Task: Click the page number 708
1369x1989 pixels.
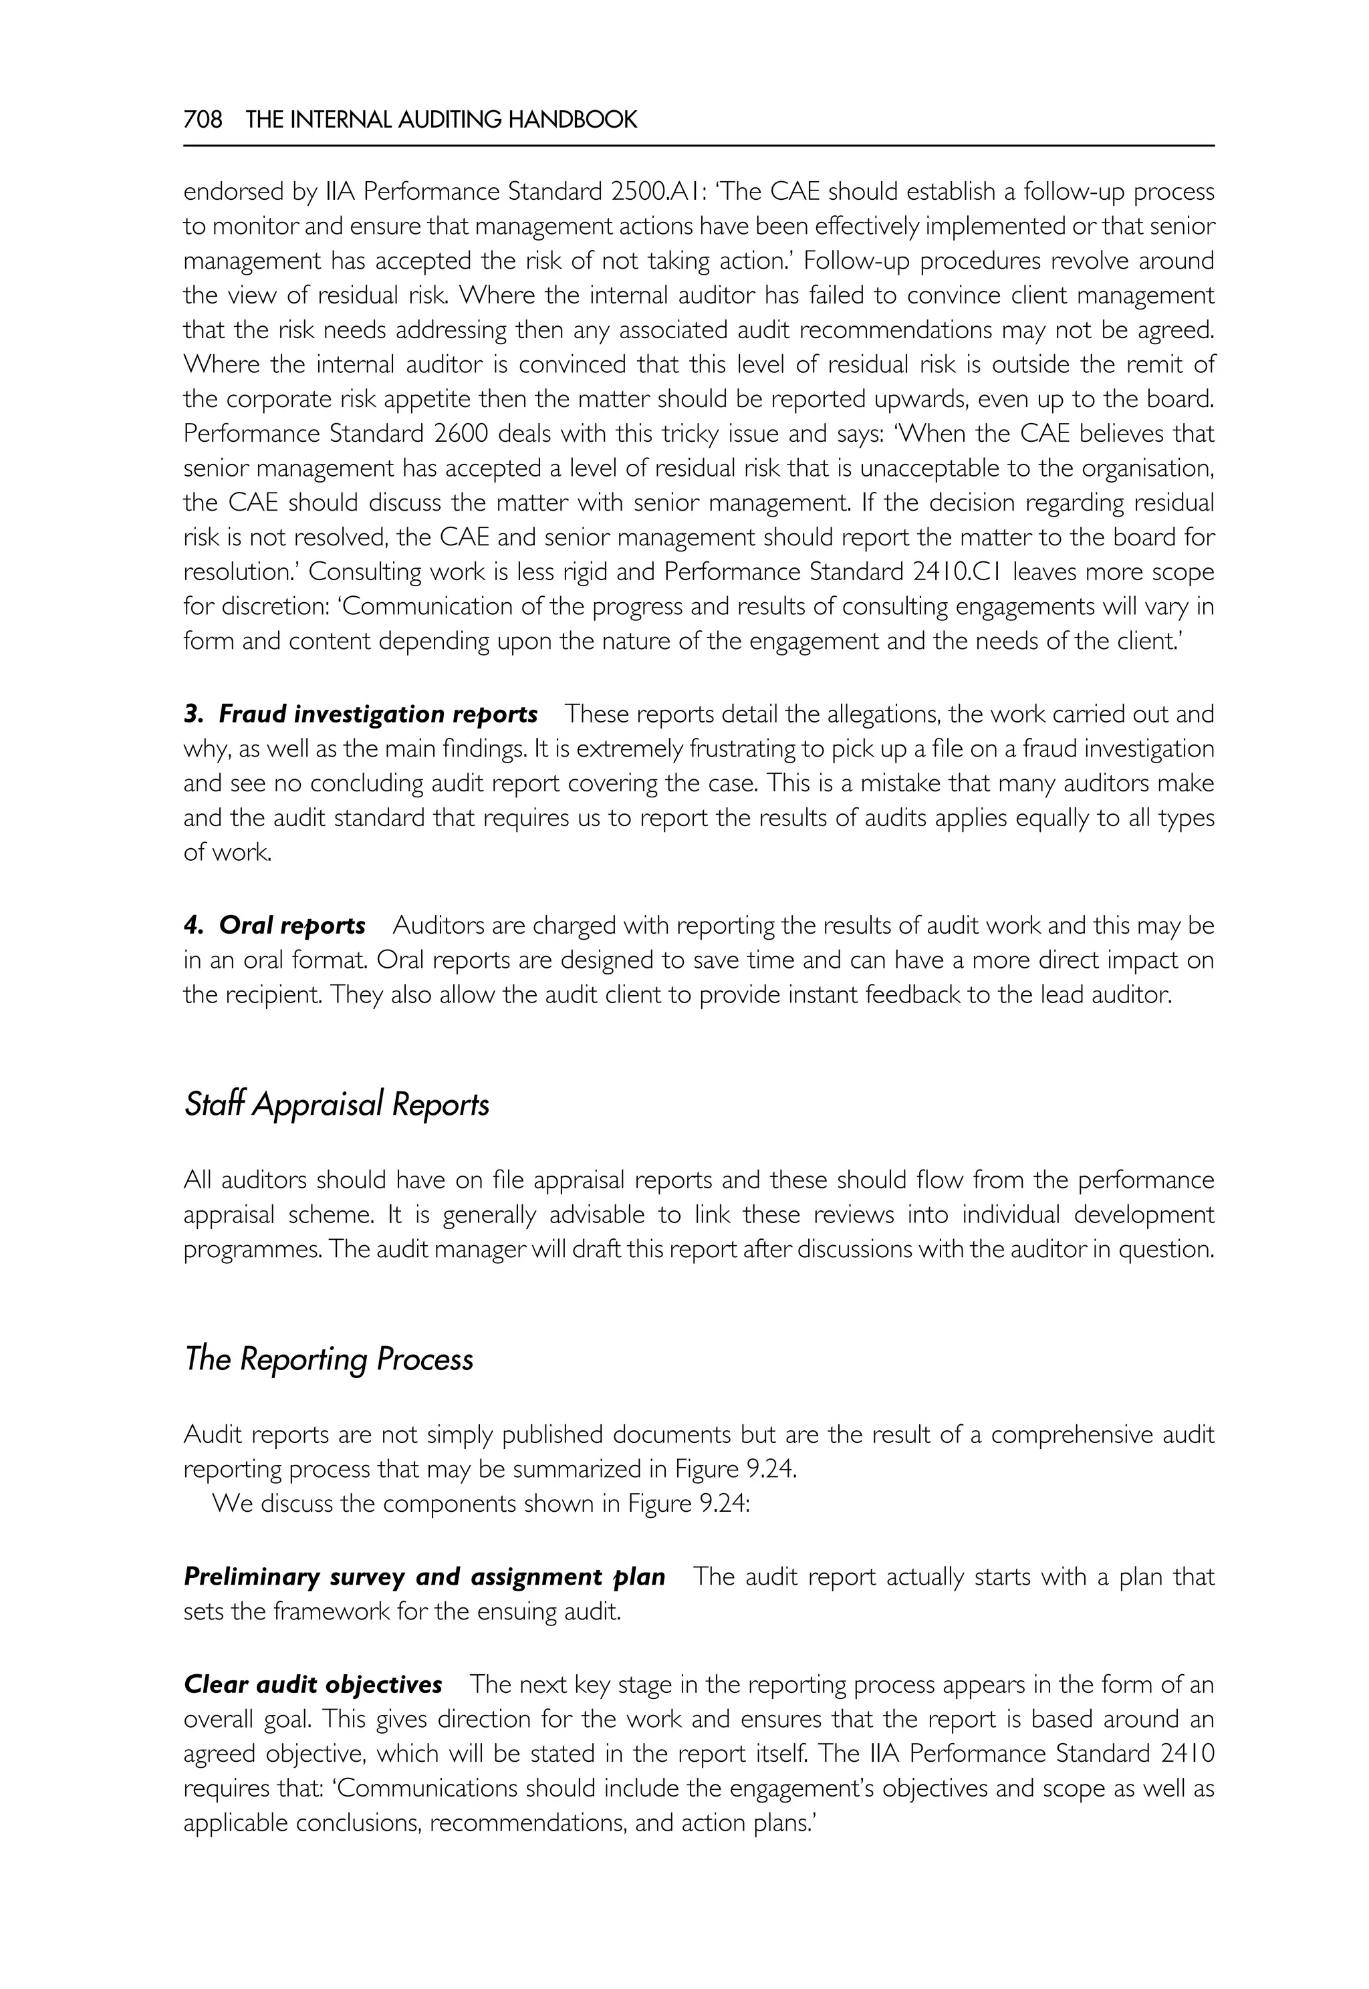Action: pyautogui.click(x=203, y=120)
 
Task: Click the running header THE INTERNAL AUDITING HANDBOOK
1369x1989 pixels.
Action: pyautogui.click(x=441, y=120)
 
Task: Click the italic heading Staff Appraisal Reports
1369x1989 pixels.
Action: pyautogui.click(x=336, y=1104)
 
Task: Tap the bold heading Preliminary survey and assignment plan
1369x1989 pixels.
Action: pyautogui.click(x=424, y=1577)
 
